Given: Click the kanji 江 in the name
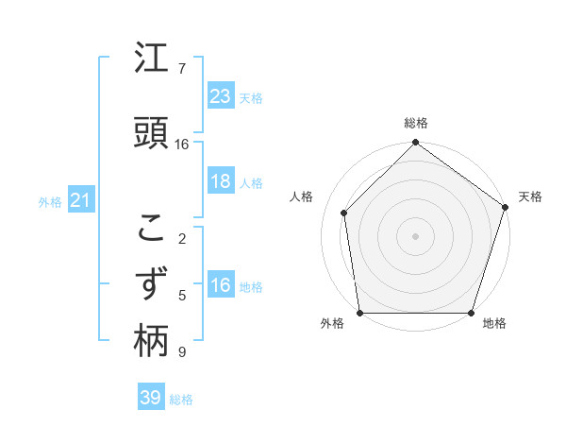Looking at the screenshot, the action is (151, 60).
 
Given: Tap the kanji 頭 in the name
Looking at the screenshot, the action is (151, 132).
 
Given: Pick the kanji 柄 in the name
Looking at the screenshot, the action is (151, 342).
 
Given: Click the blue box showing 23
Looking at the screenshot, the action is (221, 96).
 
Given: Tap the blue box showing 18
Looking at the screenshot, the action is (221, 181).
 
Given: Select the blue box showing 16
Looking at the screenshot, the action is (221, 285).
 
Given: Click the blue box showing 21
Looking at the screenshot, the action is (81, 200).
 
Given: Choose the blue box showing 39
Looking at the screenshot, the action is (151, 398).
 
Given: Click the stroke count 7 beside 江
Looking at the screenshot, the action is (182, 69).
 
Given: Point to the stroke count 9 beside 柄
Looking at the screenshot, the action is (182, 352).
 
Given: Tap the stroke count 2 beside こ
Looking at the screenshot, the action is (182, 239).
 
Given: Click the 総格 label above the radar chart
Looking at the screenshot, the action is (416, 124).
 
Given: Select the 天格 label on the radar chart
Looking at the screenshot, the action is (530, 196).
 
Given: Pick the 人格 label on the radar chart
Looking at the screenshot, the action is (302, 196).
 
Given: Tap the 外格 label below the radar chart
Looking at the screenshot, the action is (332, 323).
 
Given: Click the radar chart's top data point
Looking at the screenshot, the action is (416, 144).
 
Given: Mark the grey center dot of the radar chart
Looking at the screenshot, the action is (416, 235).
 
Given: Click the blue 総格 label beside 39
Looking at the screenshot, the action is (182, 399).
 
